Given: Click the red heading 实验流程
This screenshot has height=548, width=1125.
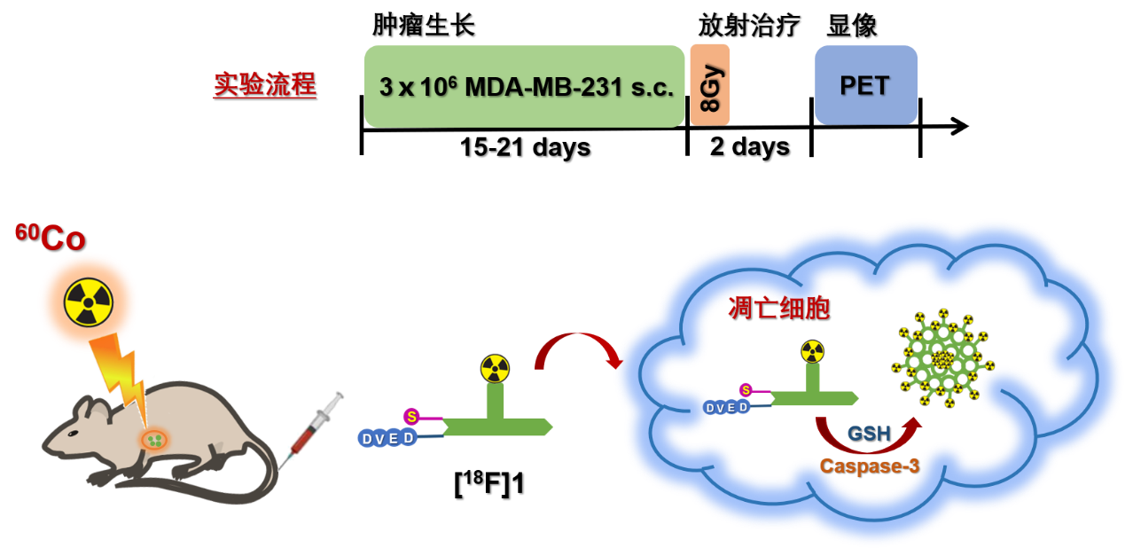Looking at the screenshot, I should [264, 85].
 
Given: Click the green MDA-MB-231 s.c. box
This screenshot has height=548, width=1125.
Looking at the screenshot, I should [524, 86].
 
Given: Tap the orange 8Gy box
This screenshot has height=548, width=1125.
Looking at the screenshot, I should [709, 84].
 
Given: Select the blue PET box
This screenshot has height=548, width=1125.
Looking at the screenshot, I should [865, 84].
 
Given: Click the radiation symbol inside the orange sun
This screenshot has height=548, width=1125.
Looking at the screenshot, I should [89, 301].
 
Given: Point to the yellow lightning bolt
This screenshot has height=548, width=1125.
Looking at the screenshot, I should [120, 372].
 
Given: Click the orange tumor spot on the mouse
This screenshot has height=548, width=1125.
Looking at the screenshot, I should [154, 438].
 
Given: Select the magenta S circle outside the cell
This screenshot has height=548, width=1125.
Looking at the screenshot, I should [411, 416].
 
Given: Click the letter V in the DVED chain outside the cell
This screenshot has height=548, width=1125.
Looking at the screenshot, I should [380, 439].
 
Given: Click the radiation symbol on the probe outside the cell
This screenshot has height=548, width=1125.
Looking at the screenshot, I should [496, 369].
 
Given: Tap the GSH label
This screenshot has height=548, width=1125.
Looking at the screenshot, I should [869, 434].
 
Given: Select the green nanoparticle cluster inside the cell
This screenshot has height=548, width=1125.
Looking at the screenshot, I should [942, 359].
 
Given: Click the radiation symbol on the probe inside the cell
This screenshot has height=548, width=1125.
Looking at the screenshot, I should [812, 351].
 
